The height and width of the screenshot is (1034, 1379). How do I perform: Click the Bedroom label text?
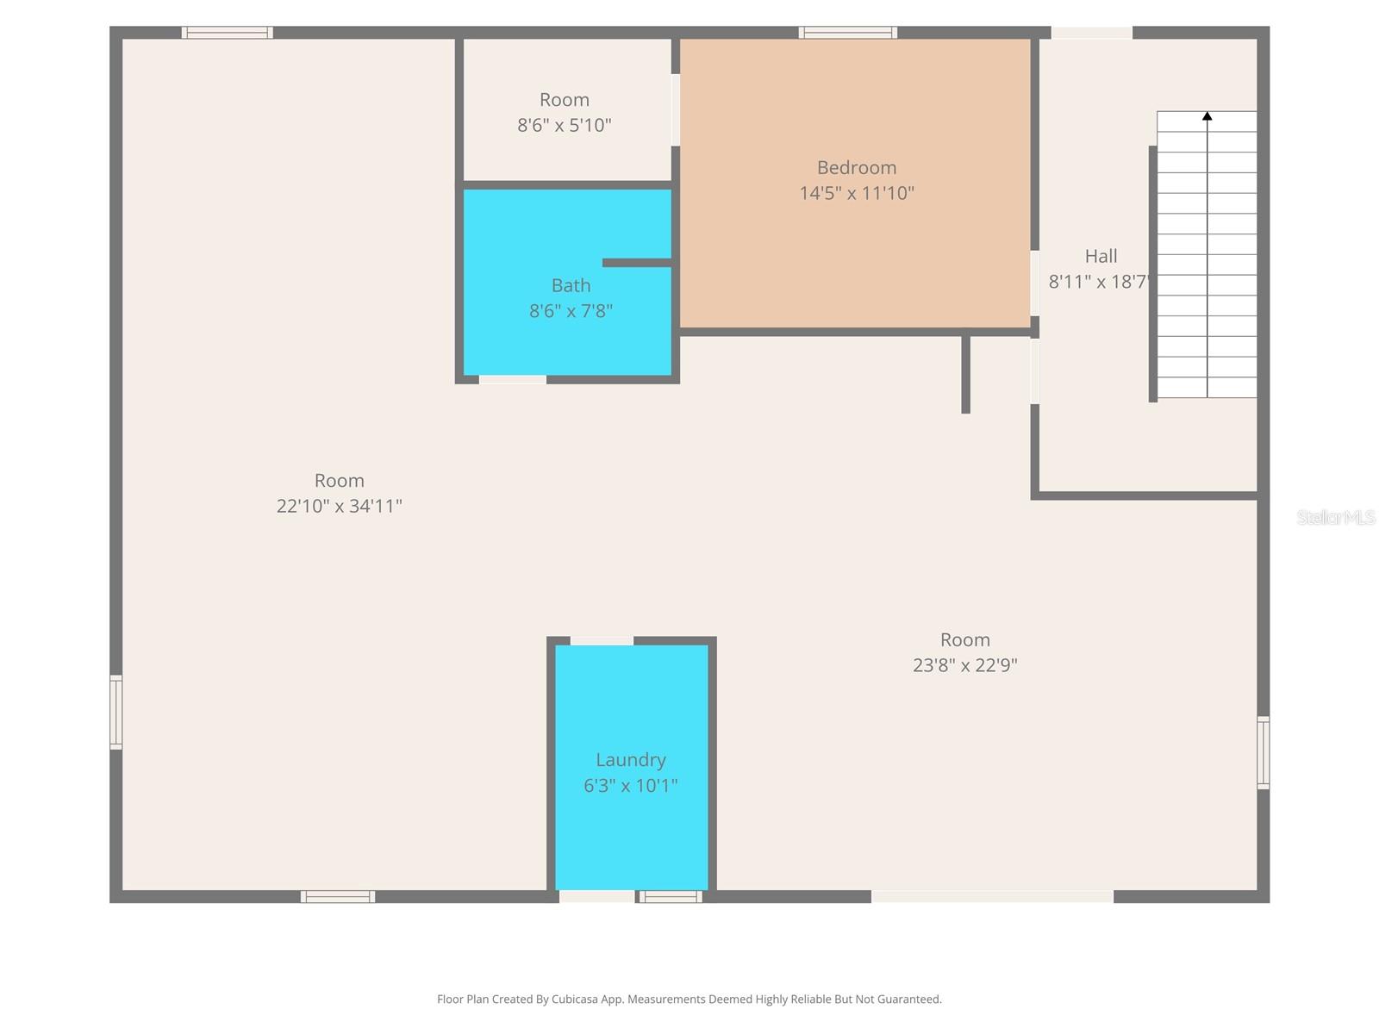pyautogui.click(x=857, y=168)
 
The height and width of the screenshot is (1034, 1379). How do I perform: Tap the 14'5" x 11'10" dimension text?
pyautogui.click(x=857, y=193)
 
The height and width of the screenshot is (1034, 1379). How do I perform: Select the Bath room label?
pyautogui.click(x=571, y=285)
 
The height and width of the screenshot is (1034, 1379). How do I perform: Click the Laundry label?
pyautogui.click(x=631, y=760)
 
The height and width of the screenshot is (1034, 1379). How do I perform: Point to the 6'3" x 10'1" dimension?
pyautogui.click(x=631, y=786)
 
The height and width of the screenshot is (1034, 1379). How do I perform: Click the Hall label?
pyautogui.click(x=1101, y=256)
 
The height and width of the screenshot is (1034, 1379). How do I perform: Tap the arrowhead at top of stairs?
pyautogui.click(x=1207, y=116)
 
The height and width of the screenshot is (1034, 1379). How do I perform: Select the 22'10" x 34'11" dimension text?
pyautogui.click(x=339, y=506)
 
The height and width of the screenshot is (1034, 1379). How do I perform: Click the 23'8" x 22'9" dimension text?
pyautogui.click(x=964, y=665)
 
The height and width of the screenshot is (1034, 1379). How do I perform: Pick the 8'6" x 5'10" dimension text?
pyautogui.click(x=564, y=125)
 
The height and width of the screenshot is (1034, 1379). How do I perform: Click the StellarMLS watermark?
pyautogui.click(x=1335, y=517)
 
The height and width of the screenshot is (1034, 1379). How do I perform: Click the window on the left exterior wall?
pyautogui.click(x=115, y=712)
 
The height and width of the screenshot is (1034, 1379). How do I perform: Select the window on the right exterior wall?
pyautogui.click(x=1263, y=752)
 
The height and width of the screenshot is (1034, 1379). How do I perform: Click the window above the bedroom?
pyautogui.click(x=847, y=33)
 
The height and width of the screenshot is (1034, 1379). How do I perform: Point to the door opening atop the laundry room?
pyautogui.click(x=602, y=640)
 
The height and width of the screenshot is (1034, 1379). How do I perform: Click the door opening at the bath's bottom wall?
pyautogui.click(x=512, y=379)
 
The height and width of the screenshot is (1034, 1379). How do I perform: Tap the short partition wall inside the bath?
pyautogui.click(x=636, y=263)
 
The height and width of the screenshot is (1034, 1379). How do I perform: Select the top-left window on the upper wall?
pyautogui.click(x=228, y=33)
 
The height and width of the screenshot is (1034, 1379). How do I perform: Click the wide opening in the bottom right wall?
pyautogui.click(x=992, y=897)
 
